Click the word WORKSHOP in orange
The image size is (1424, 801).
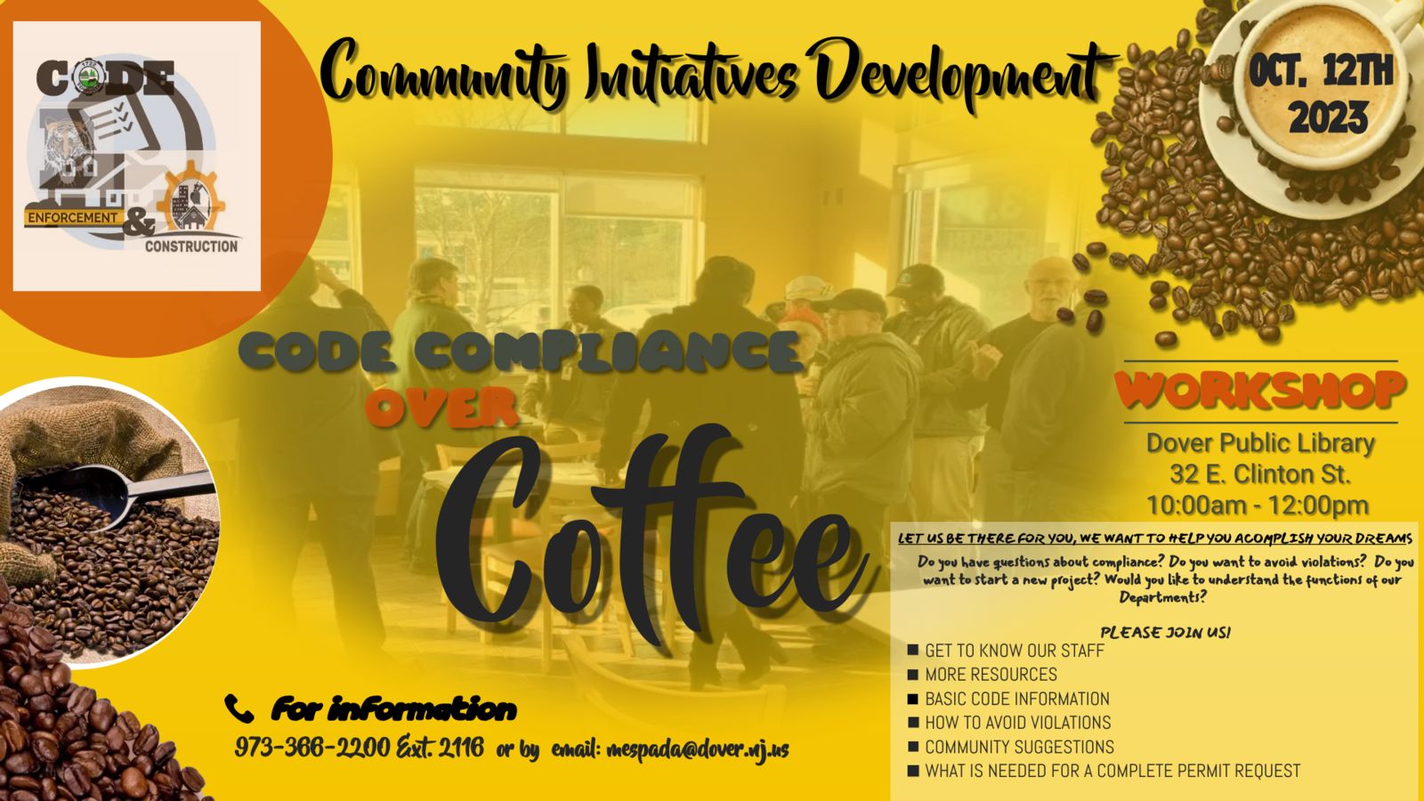point(1260,390)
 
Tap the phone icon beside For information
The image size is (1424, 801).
point(239,708)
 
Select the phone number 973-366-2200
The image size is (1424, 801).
point(312,747)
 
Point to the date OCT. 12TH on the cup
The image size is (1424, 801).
point(1321,72)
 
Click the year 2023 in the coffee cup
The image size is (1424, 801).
point(1328,118)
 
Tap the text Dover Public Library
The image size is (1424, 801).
point(1260,443)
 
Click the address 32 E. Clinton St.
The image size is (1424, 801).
point(1260,474)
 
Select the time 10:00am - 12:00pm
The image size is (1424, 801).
point(1258,506)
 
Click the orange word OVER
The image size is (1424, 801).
point(441,406)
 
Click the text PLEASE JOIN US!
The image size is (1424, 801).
point(1165,633)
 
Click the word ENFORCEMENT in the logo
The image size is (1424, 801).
point(72,217)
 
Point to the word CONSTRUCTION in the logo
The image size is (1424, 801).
point(191,246)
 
